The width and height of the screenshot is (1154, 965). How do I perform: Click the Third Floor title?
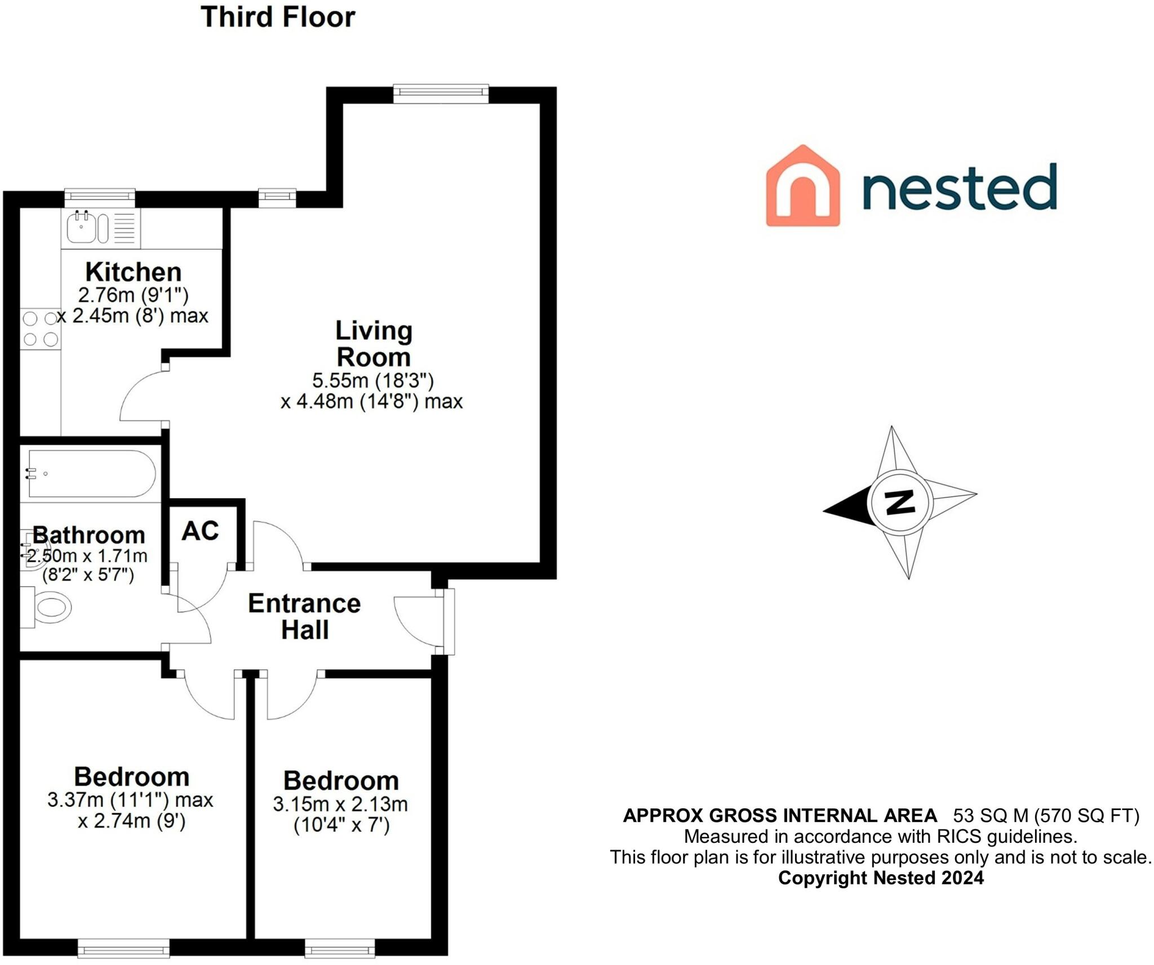[x=278, y=17]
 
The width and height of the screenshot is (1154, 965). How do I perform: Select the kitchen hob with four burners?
[x=40, y=328]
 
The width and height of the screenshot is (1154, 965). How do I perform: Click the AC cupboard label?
[x=200, y=531]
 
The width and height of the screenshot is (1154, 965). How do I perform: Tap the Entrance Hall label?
[x=304, y=616]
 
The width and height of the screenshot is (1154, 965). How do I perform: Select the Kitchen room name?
[x=134, y=272]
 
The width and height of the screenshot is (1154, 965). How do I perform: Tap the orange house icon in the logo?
[x=802, y=186]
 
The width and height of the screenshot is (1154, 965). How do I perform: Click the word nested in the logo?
[x=959, y=187]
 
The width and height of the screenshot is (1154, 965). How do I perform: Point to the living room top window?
[x=441, y=93]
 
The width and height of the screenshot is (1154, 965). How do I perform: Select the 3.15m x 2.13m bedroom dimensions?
[x=340, y=804]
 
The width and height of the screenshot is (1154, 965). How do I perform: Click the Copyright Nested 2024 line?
[x=881, y=877]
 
